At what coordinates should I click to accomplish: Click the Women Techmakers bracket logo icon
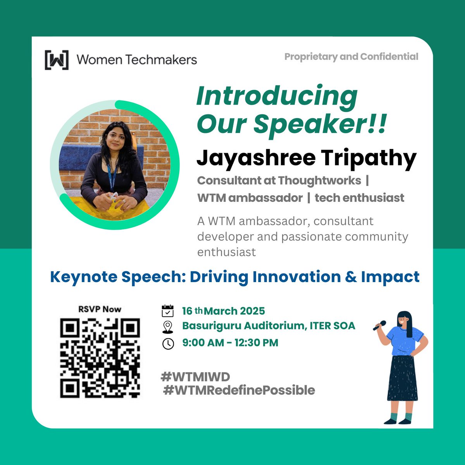[57, 60]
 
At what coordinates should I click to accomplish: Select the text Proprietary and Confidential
[351, 57]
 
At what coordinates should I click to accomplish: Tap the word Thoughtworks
[319, 180]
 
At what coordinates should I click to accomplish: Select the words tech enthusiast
[359, 198]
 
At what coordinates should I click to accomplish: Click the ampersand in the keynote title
[350, 277]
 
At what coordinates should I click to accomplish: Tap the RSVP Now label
[100, 309]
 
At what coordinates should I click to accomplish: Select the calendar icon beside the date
[167, 311]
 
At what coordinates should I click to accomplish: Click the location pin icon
[167, 327]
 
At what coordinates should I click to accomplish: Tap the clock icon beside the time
[168, 344]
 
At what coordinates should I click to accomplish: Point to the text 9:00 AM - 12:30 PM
[230, 343]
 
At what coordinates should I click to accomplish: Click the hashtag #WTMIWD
[195, 376]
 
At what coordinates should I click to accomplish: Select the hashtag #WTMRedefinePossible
[239, 390]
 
